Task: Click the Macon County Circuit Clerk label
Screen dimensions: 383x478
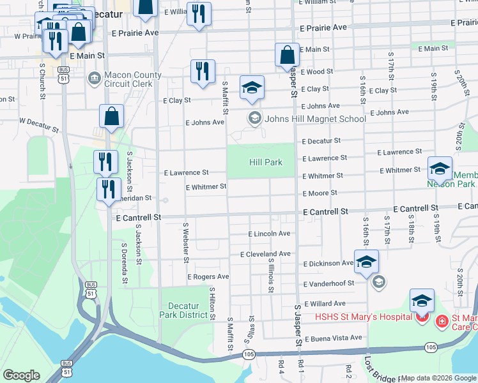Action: tap(133, 80)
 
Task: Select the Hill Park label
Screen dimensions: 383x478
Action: tap(265, 163)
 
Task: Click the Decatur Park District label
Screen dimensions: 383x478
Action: tap(184, 310)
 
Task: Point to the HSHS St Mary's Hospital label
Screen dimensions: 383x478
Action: tap(361, 317)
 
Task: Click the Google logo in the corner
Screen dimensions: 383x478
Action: tap(21, 375)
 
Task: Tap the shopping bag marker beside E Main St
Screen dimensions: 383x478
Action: tap(287, 56)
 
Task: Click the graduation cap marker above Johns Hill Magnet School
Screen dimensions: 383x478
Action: tap(252, 88)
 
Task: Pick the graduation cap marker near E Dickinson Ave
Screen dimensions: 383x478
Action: tap(366, 262)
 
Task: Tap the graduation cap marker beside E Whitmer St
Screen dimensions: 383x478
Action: tap(440, 169)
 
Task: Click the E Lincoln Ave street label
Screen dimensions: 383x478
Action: tap(269, 234)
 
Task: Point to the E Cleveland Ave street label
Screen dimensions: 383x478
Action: tap(265, 254)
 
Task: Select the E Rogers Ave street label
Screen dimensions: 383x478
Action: tap(208, 277)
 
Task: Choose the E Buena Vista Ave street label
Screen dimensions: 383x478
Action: tap(333, 338)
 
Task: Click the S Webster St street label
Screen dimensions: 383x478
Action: tap(186, 243)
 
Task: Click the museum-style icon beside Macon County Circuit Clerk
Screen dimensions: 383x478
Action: tap(95, 79)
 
